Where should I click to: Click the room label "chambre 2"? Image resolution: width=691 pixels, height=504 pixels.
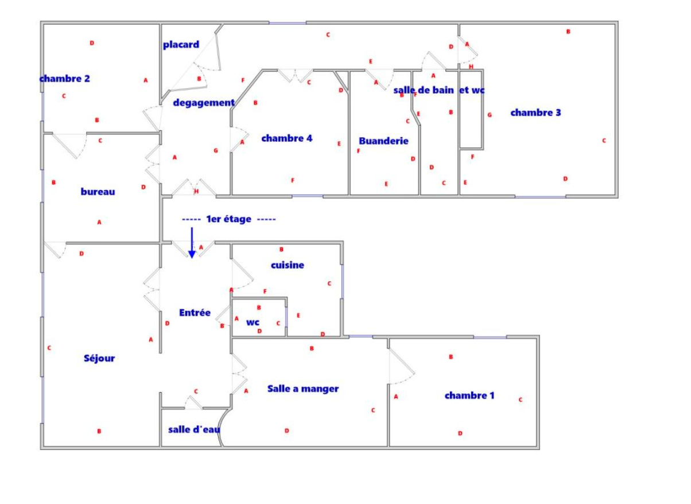65,79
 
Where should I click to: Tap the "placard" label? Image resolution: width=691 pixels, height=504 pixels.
181,45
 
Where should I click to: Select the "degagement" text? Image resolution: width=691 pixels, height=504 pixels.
204,103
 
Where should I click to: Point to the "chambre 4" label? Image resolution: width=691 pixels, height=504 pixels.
287,138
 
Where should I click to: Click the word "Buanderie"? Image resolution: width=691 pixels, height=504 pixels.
383,141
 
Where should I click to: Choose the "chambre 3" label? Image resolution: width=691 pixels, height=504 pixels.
536,113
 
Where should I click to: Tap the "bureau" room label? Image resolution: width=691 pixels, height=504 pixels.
98,192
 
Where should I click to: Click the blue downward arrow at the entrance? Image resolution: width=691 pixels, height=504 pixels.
192,243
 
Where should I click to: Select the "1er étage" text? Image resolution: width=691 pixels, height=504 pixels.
228,219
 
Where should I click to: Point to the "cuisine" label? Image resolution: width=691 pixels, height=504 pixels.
288,265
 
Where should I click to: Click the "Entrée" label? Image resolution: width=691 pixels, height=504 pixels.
195,313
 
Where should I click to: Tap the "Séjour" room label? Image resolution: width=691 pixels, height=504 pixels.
99,358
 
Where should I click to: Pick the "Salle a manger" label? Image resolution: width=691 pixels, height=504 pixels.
303,389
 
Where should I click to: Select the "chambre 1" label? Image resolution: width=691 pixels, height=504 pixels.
469,396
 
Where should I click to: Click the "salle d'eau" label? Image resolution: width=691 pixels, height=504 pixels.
194,429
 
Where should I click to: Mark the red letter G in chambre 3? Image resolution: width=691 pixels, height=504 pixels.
490,115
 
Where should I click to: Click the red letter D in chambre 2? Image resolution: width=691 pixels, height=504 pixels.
92,43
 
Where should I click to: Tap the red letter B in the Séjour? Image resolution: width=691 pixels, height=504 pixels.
99,432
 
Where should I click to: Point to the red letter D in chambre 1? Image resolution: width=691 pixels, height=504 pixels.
460,433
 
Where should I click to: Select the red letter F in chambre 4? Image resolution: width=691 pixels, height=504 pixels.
293,180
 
